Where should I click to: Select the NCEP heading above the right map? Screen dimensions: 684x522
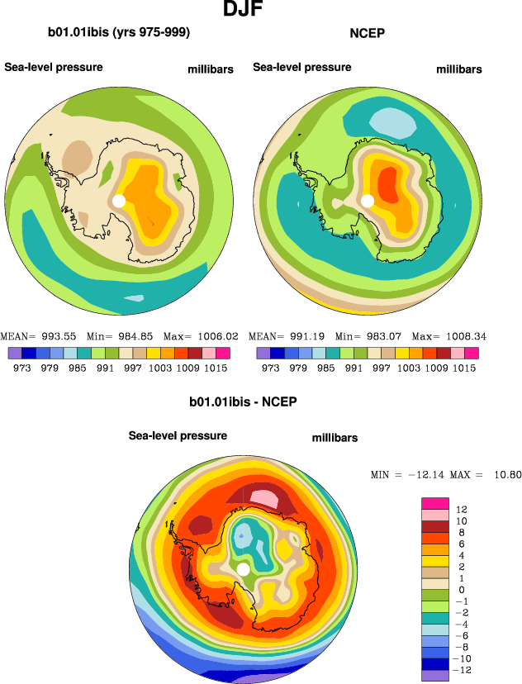(x=368, y=33)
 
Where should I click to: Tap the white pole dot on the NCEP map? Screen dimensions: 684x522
(x=368, y=200)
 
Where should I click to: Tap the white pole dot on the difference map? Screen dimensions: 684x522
(x=243, y=570)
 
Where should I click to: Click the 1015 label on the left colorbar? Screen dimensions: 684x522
(x=218, y=368)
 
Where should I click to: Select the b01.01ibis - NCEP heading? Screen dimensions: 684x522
(x=243, y=402)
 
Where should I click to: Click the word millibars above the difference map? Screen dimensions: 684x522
(x=335, y=437)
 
